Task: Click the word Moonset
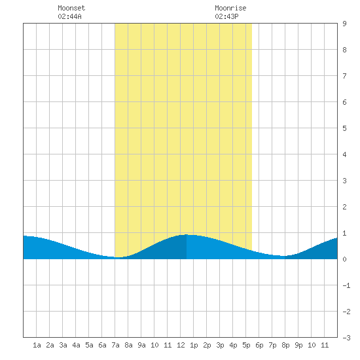(x=71, y=8)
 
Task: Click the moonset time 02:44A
(x=69, y=16)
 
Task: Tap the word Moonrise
(x=230, y=8)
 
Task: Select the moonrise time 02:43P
(x=226, y=16)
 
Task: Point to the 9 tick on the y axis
(x=344, y=24)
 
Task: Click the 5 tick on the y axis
(x=344, y=128)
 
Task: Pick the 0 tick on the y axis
(x=344, y=259)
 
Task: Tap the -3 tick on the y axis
(x=346, y=338)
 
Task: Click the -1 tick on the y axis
(x=346, y=285)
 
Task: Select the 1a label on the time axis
(x=37, y=345)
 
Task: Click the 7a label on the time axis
(x=115, y=345)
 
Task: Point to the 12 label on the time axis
(x=181, y=345)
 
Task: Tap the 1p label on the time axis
(x=194, y=345)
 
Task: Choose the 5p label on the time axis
(x=246, y=345)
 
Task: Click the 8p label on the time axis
(x=285, y=345)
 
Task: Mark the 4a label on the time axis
(x=76, y=345)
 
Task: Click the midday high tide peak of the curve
(x=187, y=234)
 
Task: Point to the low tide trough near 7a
(x=117, y=257)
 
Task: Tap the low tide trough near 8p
(x=283, y=256)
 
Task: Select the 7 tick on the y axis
(x=344, y=76)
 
